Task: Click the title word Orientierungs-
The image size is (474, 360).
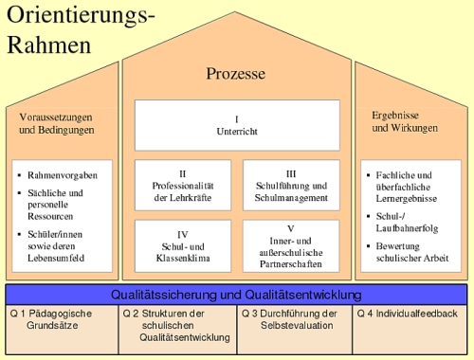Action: click(x=81, y=16)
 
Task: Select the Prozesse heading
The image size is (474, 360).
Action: click(x=235, y=73)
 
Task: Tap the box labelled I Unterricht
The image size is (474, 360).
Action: click(x=236, y=126)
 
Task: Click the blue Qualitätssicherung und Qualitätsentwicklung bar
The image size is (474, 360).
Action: click(x=236, y=294)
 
